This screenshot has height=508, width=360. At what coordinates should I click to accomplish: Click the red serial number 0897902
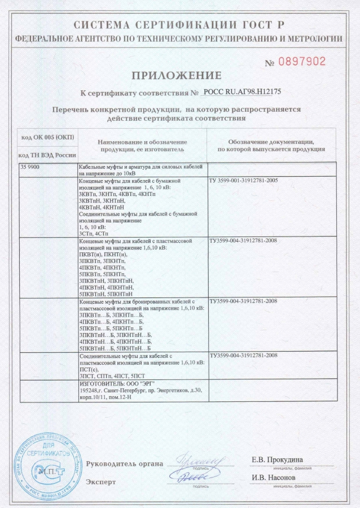[x=302, y=62]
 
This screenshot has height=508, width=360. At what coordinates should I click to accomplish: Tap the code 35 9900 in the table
[x=30, y=168]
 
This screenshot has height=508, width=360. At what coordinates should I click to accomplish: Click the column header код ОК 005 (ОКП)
[x=47, y=137]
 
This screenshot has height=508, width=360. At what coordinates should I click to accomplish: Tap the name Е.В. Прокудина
[x=277, y=459]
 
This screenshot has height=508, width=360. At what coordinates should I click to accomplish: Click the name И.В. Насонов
[x=274, y=478]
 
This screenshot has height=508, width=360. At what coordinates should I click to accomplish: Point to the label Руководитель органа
[x=124, y=464]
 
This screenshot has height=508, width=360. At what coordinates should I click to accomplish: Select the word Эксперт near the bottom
[x=101, y=482]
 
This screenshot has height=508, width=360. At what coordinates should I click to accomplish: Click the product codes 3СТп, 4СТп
[x=95, y=233]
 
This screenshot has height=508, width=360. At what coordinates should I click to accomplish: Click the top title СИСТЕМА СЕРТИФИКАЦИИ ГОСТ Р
[x=179, y=24]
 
